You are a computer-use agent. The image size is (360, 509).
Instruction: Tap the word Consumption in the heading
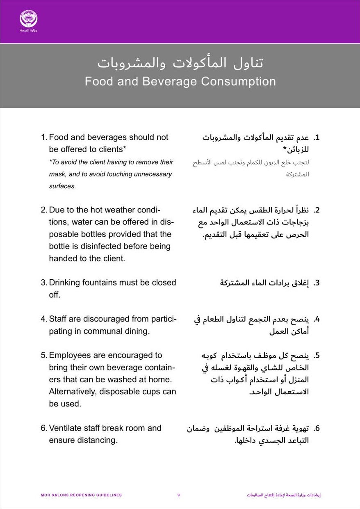(238, 81)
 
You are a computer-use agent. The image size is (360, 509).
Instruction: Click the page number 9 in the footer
(178, 495)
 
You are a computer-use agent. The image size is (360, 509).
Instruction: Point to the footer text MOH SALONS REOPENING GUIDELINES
(81, 495)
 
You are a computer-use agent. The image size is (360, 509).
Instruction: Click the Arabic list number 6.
(317, 429)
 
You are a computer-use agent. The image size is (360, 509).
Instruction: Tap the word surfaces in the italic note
(62, 186)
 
